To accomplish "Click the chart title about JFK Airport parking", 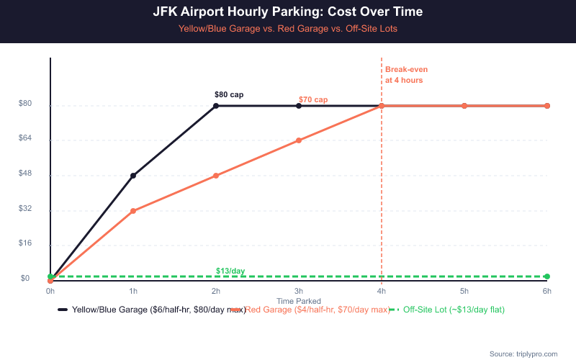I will pos(288,12).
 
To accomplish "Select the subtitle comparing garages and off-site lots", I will pos(288,29).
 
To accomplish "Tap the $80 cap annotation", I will pos(229,94).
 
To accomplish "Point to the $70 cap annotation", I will pos(313,99).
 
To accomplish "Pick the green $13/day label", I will pos(230,271).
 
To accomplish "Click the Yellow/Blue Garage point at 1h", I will pos(133,176).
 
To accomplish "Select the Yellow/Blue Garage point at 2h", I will pos(216,106).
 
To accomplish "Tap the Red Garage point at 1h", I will pos(133,211).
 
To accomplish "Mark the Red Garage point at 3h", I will pos(299,140).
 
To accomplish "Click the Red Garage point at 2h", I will pos(216,176).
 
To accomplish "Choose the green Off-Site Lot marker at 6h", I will pos(547,276).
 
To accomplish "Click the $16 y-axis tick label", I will pos(24,243).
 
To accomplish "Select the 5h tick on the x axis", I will pos(464,291).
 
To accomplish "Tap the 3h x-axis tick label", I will pos(299,291).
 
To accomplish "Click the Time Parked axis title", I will pos(299,300).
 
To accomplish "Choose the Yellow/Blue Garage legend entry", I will pos(155,310).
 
